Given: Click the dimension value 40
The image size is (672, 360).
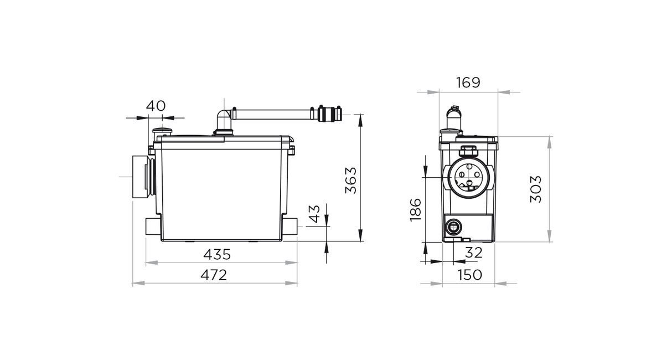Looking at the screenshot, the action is pos(156,106).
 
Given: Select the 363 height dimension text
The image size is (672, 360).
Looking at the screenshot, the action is pos(351,181).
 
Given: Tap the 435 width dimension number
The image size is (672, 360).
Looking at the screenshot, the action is pos(217,255).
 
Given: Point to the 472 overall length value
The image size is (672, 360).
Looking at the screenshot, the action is pos(214,275).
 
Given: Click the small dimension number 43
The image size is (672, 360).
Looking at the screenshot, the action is pos(314,214).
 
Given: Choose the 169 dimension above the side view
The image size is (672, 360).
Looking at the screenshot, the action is pos(468,83).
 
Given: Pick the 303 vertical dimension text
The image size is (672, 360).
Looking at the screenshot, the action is pos(536,189).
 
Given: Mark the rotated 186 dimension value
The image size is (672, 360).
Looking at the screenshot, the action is pos(416,210).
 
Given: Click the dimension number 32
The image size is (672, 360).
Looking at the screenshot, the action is pos(474,253).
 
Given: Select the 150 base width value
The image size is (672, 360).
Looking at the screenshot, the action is pos(470,275).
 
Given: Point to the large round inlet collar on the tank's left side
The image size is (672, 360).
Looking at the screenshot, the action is pos(143,177).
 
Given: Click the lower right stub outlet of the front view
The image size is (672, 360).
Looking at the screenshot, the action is pos(290,227).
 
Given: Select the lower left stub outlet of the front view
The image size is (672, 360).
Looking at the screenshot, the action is pos(153,227).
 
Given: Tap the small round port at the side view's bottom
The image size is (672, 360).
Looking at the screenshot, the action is pos(453,227).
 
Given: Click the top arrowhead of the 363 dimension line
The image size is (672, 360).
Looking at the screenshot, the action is pos(360,120).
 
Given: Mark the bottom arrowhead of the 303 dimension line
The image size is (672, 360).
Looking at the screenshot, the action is pos(549,236).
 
